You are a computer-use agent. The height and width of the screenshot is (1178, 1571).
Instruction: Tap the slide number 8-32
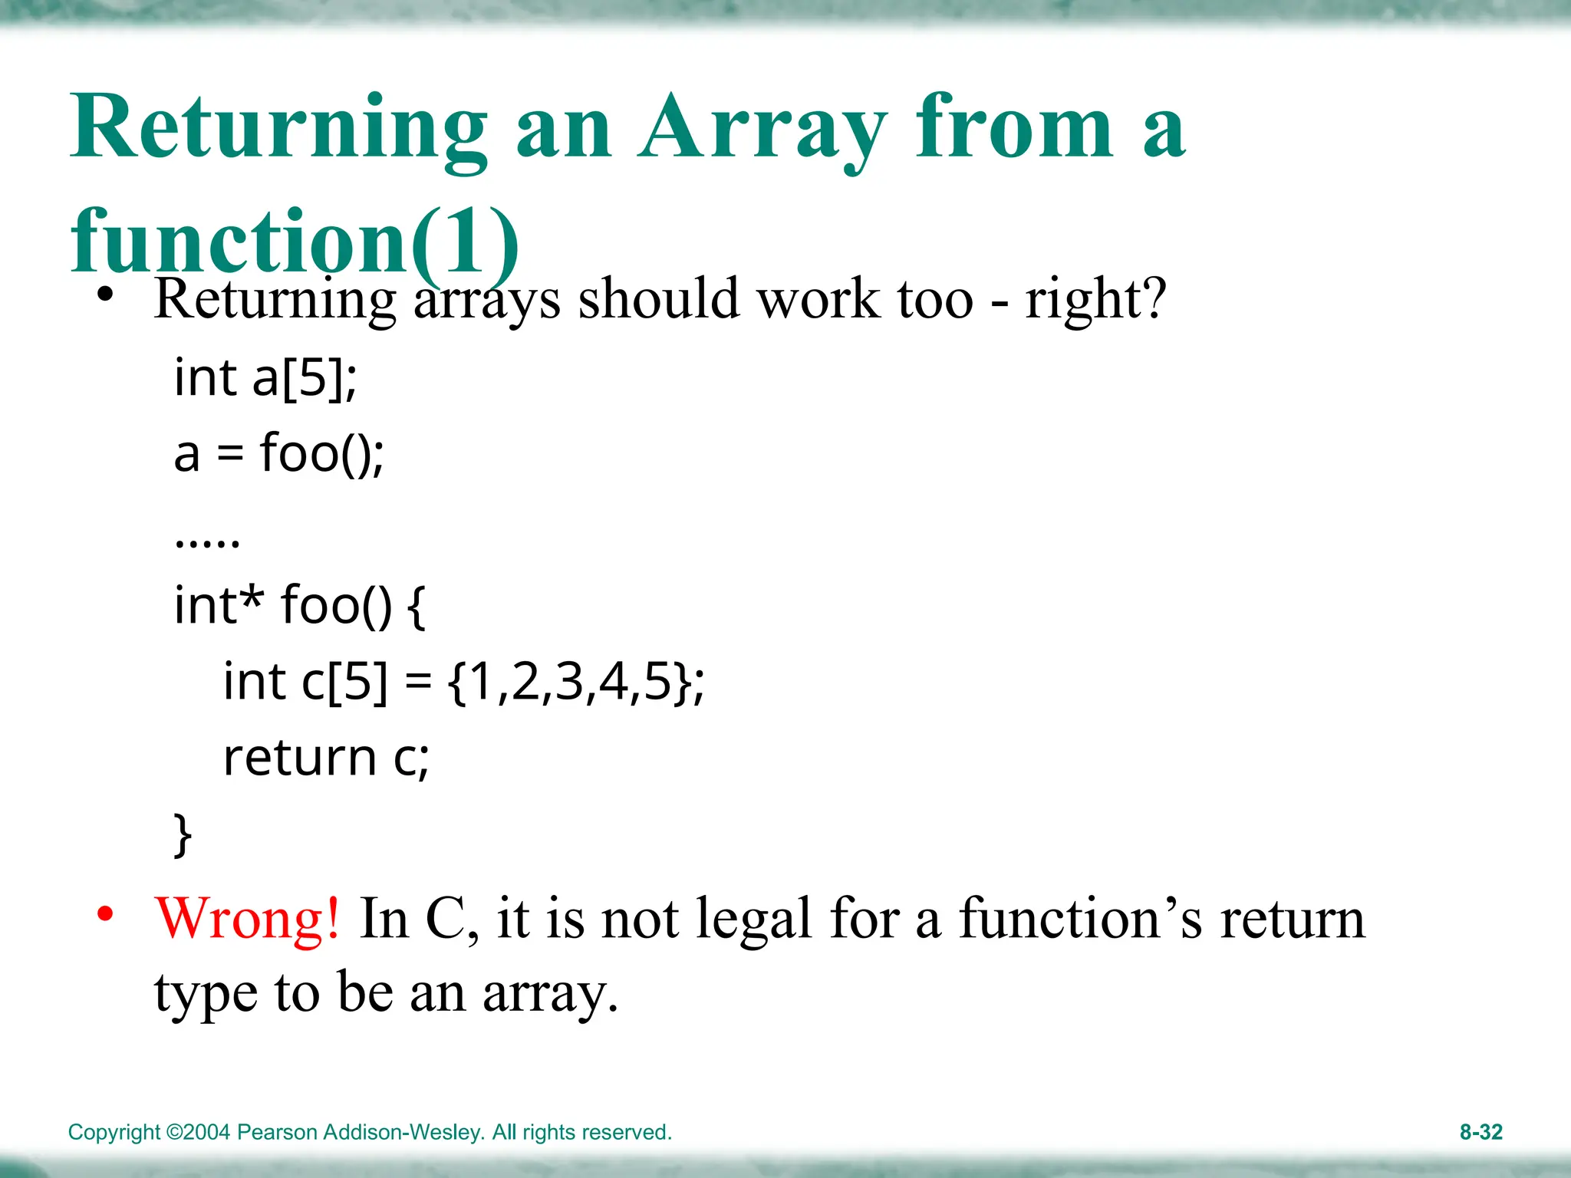1480,1132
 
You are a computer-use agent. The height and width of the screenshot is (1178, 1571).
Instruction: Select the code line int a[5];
265,377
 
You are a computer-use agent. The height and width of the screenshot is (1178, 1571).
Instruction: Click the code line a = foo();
278,453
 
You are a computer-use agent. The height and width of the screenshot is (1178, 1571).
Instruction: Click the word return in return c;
300,758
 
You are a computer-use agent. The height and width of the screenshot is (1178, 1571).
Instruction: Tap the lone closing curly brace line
183,834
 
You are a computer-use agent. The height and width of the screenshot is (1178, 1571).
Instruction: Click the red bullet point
105,913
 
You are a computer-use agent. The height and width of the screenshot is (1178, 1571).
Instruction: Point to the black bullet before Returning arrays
105,294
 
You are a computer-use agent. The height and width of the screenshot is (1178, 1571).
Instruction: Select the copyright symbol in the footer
174,1132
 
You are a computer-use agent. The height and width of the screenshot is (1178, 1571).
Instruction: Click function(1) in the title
295,241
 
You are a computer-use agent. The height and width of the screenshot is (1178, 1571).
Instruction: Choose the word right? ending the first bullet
1095,298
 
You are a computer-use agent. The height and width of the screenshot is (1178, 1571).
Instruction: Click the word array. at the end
550,993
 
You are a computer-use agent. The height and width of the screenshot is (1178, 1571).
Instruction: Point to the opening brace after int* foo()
416,606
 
